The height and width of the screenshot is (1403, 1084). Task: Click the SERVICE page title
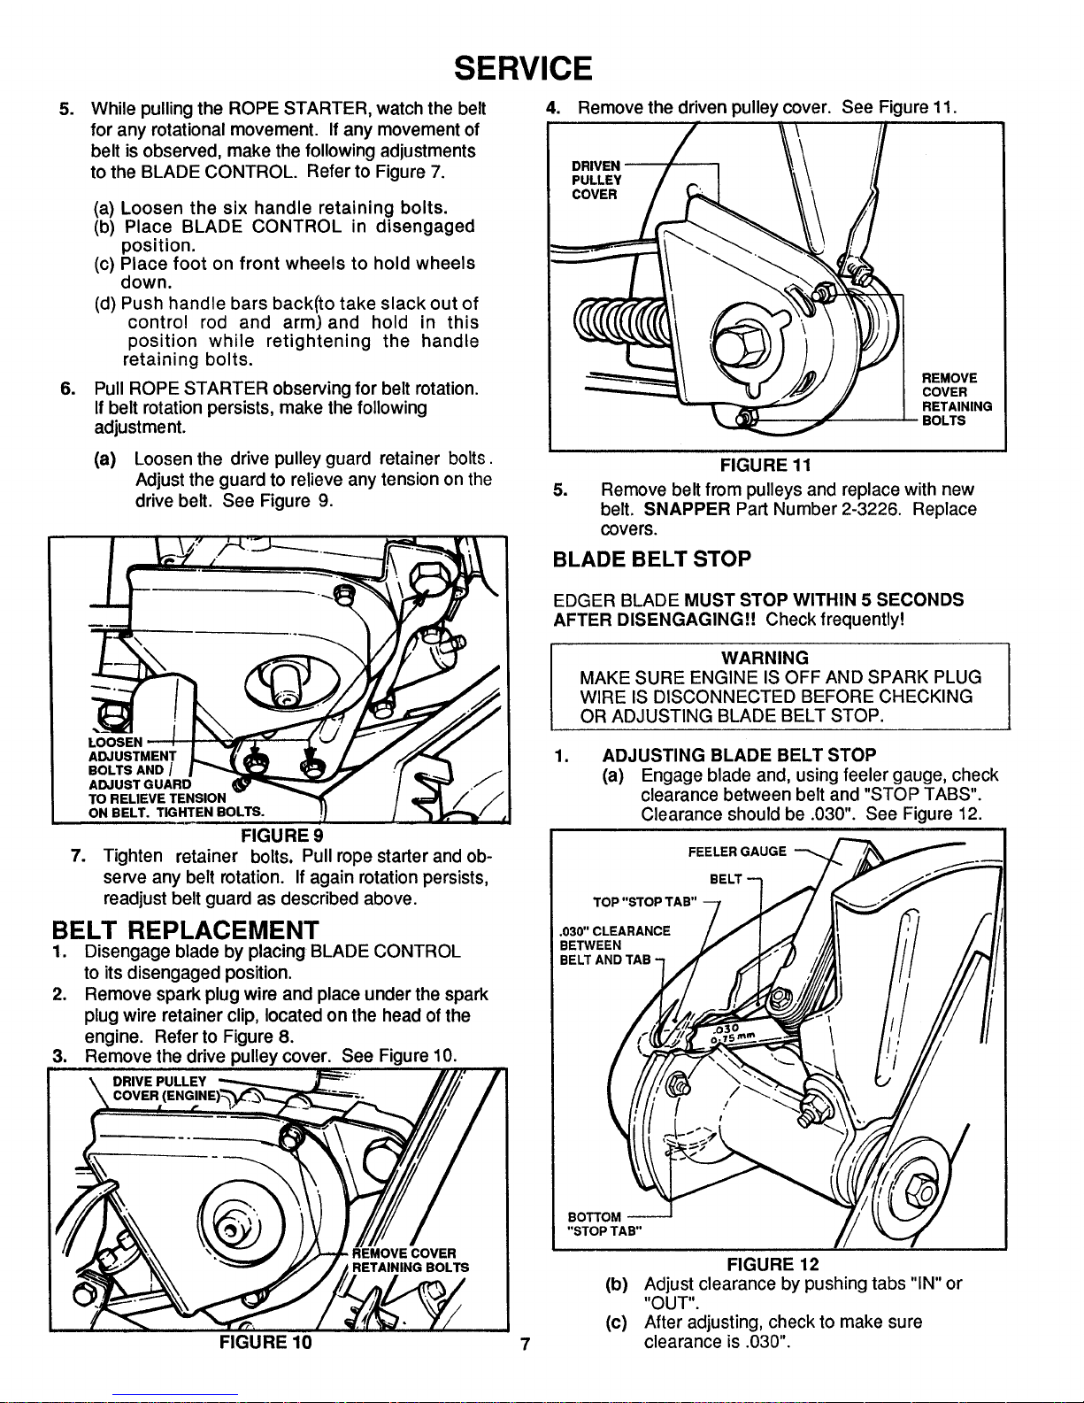pos(522,67)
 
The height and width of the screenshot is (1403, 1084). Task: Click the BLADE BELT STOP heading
pos(650,559)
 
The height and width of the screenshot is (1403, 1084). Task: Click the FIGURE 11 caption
pos(766,465)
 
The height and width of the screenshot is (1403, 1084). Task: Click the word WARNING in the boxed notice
pos(765,658)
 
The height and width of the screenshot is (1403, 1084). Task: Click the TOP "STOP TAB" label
pos(646,902)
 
